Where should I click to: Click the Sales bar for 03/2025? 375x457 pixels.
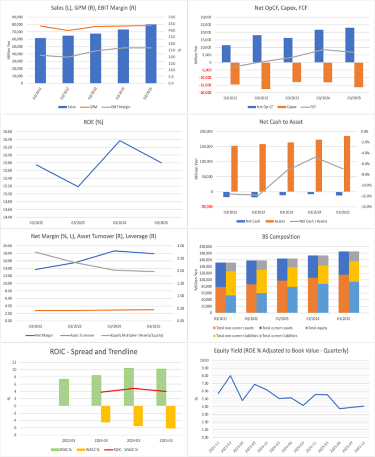tap(151, 54)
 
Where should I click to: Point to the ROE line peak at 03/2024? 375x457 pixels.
tap(120, 141)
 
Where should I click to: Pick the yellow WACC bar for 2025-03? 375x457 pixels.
tap(170, 417)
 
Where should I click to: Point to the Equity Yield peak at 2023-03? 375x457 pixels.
tap(230, 376)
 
